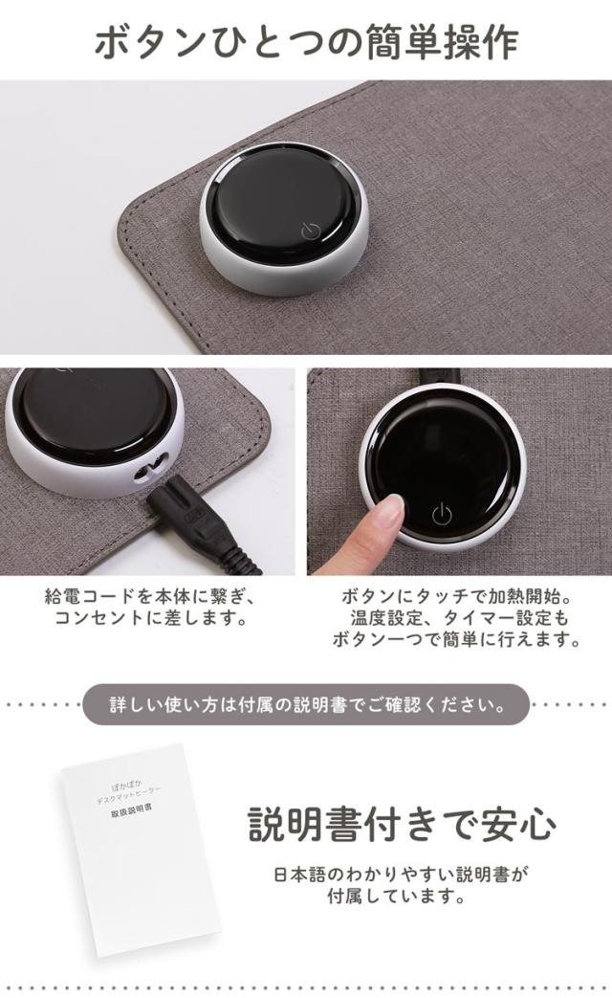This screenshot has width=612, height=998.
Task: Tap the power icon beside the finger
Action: [x=441, y=514]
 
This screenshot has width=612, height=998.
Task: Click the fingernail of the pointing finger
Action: [x=390, y=508]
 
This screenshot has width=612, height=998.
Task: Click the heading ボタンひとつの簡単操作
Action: [x=306, y=41]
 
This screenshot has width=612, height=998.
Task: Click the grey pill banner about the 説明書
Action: [x=306, y=705]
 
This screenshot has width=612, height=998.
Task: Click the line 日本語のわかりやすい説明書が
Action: [x=401, y=875]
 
